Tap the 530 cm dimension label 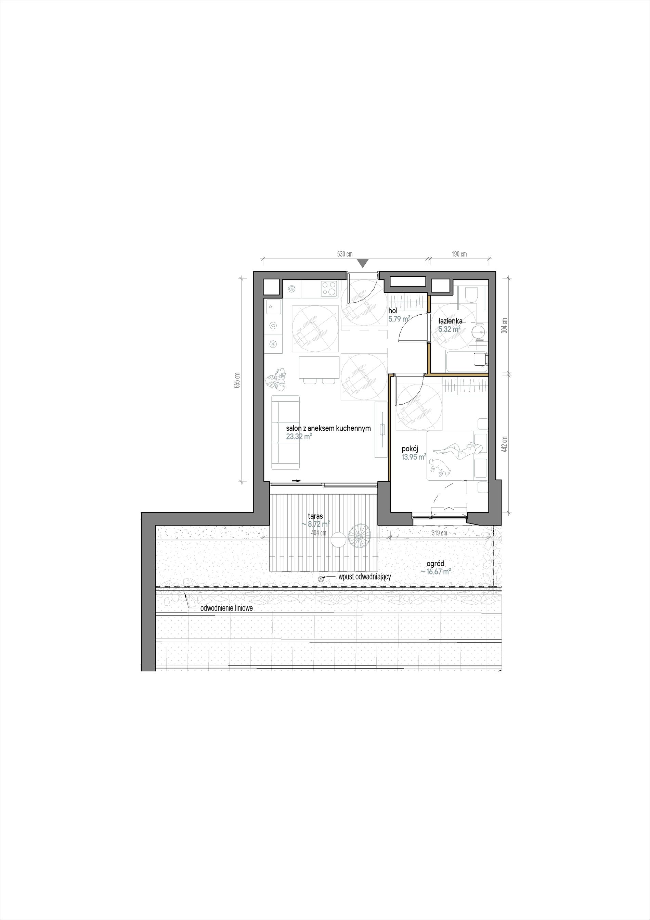tap(344, 254)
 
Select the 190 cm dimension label tap(459, 254)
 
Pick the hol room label tap(393, 311)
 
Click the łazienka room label tap(451, 321)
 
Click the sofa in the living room tap(285, 432)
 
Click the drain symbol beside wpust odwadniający tap(320, 578)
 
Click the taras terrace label tap(315, 516)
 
